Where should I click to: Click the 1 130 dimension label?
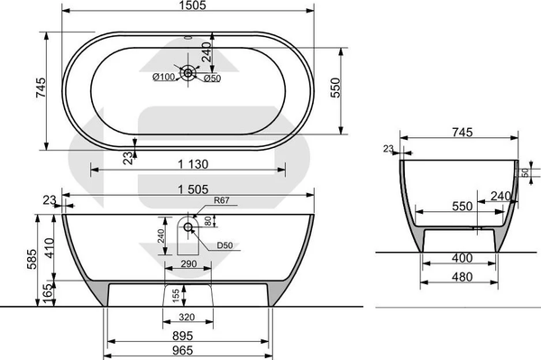(193, 164)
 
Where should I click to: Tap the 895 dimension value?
(182, 336)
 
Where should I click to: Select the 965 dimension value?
(182, 350)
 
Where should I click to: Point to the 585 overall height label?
(32, 259)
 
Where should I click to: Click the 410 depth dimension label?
(50, 248)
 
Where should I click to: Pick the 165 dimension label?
(50, 294)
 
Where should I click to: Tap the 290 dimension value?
(188, 264)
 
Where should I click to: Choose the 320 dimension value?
(187, 317)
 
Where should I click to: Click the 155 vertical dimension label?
(176, 296)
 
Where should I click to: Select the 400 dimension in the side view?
(462, 257)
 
